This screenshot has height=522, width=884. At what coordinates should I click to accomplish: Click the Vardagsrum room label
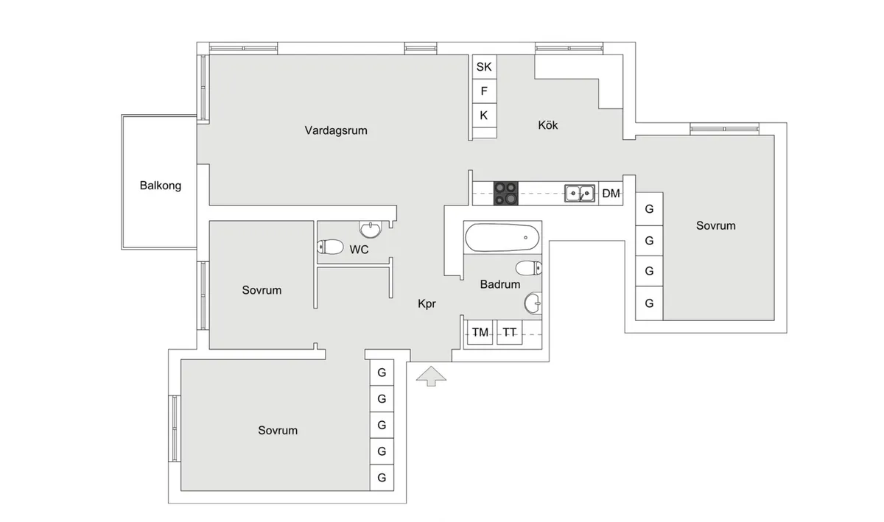[x=336, y=130]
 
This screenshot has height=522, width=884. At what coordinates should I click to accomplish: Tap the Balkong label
[x=161, y=186]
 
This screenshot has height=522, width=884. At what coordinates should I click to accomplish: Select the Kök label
[x=548, y=125]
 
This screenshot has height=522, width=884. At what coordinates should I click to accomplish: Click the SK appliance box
[x=484, y=67]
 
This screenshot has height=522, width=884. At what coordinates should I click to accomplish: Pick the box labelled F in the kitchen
[x=484, y=91]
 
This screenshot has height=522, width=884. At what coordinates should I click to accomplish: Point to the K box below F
[x=484, y=115]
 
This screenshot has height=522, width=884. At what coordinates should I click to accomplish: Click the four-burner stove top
[x=506, y=193]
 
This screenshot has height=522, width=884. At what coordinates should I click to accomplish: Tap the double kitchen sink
[x=580, y=194]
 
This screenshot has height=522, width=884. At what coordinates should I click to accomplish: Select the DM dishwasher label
[x=611, y=194]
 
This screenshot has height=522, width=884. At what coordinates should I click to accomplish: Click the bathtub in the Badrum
[x=501, y=238]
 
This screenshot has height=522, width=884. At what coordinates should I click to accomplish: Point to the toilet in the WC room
[x=331, y=247]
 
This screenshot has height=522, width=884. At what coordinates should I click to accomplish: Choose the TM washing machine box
[x=480, y=333]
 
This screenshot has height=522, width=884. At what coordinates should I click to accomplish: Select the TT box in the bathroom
[x=509, y=333]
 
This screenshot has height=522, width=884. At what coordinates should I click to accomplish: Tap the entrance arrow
[x=431, y=377]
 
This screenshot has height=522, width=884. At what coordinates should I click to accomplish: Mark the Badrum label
[x=500, y=284]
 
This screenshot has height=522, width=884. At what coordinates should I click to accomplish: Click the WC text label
[x=359, y=250]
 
